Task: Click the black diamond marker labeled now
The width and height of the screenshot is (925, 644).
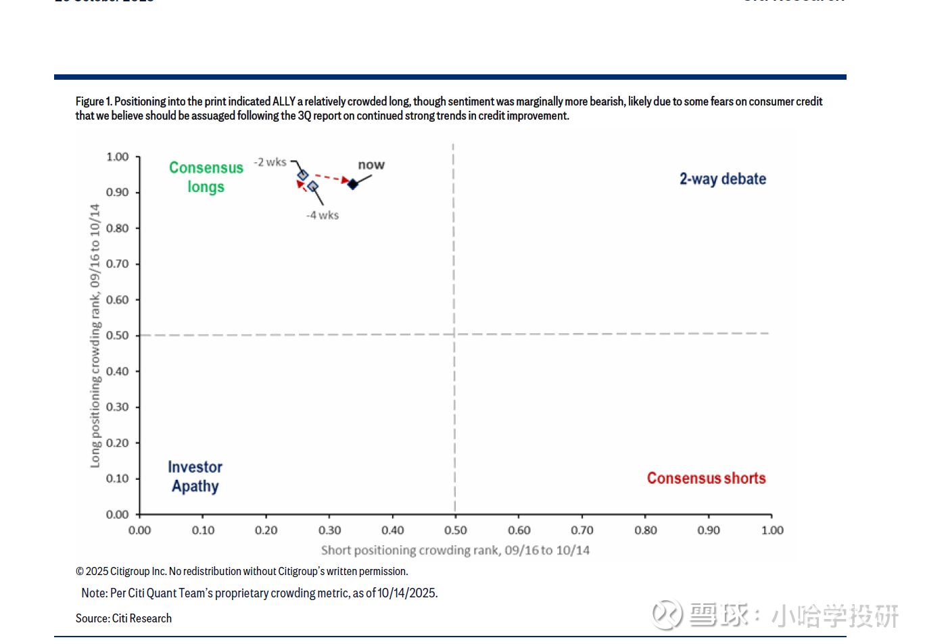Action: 352,184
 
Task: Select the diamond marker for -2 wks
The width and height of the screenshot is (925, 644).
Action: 303,176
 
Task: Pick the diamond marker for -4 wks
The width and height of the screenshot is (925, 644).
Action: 312,187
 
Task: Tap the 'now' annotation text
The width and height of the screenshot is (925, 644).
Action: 371,165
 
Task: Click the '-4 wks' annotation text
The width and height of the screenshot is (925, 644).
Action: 323,215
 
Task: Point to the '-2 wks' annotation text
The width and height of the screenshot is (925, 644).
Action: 270,162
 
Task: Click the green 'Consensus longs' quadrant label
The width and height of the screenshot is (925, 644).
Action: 206,177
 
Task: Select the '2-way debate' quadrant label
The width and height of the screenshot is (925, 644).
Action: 722,179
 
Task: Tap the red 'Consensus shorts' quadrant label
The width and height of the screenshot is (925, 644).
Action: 706,478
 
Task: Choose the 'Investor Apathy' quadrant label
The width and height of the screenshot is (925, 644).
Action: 195,476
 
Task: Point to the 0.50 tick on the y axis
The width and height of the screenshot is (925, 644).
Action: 117,335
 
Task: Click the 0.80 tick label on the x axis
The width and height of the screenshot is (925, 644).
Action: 645,530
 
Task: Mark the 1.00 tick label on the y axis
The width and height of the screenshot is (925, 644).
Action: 117,157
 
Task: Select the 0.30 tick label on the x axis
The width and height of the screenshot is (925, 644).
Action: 329,530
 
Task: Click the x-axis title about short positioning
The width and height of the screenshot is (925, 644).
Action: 455,550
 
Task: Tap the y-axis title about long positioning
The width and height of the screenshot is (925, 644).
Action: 95,336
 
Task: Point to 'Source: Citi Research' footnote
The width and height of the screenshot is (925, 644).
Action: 124,618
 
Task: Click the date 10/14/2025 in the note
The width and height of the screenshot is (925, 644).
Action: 406,593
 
